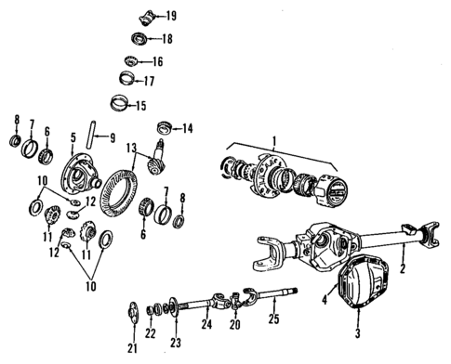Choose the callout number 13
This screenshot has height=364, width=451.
pos(132,149)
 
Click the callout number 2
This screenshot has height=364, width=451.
pos(403,269)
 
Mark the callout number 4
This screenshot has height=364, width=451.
pos(323,300)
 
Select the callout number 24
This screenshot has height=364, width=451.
pos(207,324)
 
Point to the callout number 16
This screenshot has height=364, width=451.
pos(156,61)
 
